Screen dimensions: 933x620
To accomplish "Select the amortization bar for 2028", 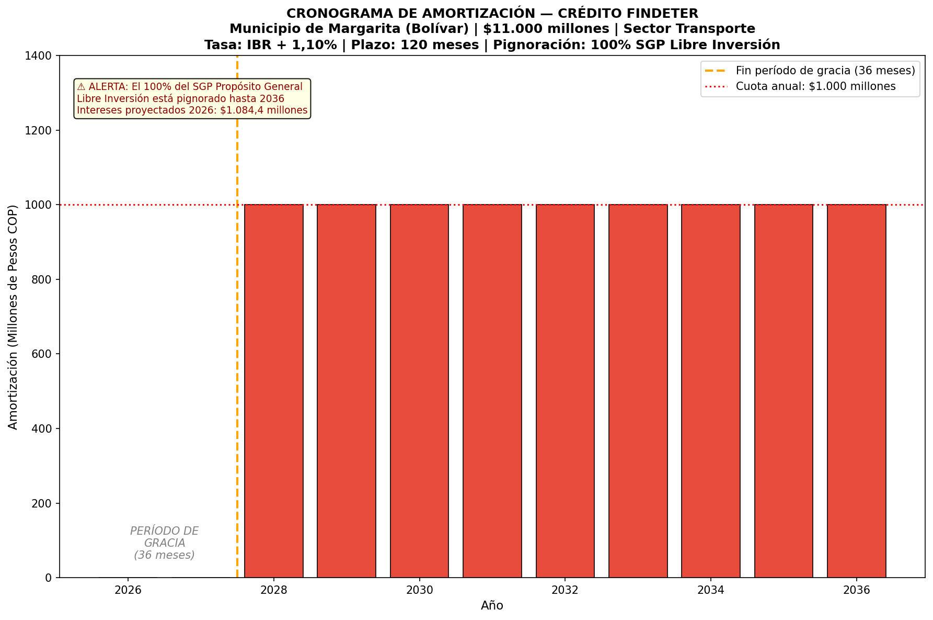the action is point(274,391).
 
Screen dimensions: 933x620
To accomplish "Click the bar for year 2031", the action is point(492,391).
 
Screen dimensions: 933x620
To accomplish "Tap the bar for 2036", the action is point(857,391).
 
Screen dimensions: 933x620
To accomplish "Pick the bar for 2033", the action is point(638,391).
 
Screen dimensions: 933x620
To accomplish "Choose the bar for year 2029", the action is point(347,391).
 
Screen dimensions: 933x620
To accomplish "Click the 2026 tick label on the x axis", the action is point(128,591).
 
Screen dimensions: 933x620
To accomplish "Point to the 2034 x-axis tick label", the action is point(711,591).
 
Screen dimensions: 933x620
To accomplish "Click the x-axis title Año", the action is point(492,606).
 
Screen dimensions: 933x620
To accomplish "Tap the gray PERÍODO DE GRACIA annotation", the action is point(165,543).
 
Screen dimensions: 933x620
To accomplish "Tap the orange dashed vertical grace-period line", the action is point(237,317).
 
